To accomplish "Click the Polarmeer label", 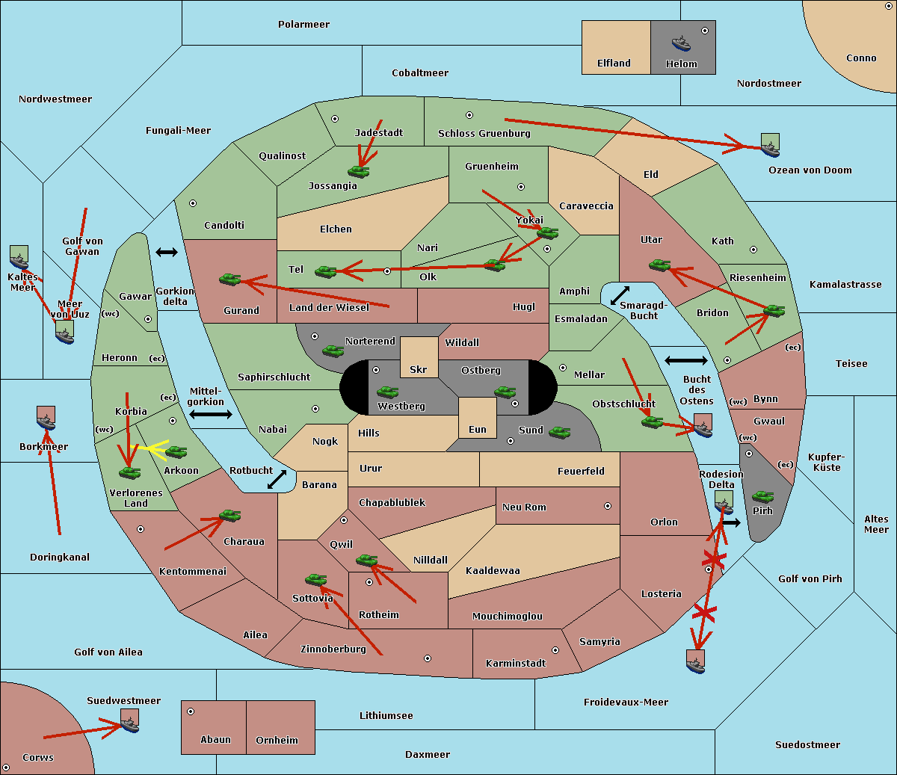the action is pyautogui.click(x=303, y=25).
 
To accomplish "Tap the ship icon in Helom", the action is pyautogui.click(x=681, y=43).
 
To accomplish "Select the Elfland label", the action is pyautogui.click(x=614, y=64).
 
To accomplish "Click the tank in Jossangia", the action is pyautogui.click(x=359, y=171).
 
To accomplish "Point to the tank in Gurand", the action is pyautogui.click(x=230, y=279).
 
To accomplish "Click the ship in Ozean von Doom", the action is pyautogui.click(x=770, y=146).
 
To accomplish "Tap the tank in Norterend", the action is pyautogui.click(x=333, y=351).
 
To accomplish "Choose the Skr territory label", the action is pyautogui.click(x=419, y=369).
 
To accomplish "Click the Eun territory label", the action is pyautogui.click(x=478, y=429).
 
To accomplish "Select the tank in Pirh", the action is pyautogui.click(x=762, y=496).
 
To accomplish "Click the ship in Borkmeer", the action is pyautogui.click(x=46, y=418).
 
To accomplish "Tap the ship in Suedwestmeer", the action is pyautogui.click(x=130, y=720).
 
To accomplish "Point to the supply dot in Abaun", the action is pyautogui.click(x=191, y=711).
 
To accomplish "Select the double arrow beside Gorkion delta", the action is pyautogui.click(x=167, y=252).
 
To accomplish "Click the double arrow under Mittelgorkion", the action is pyautogui.click(x=211, y=414).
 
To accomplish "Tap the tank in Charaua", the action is pyautogui.click(x=229, y=516).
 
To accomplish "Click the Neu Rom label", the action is pyautogui.click(x=524, y=507).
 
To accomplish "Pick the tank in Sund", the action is pyautogui.click(x=559, y=432).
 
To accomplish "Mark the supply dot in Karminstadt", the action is pyautogui.click(x=555, y=650).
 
